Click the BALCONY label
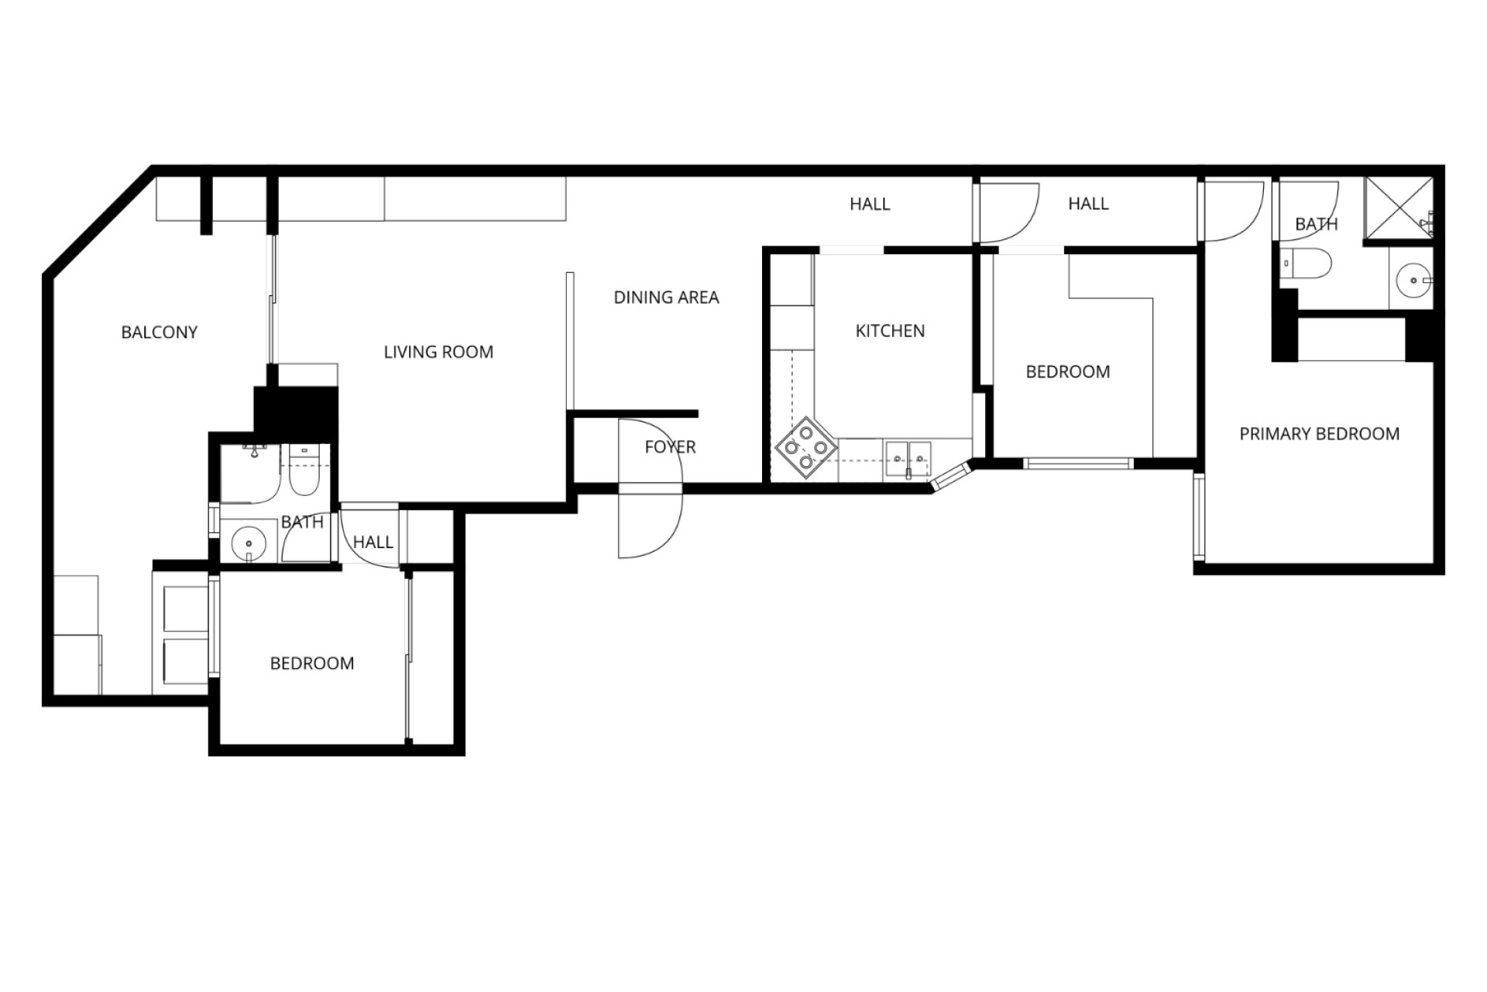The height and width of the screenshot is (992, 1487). (160, 332)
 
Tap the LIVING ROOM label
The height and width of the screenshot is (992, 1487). (438, 352)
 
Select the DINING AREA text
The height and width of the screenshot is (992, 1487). (666, 298)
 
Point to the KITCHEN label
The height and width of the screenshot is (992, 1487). (890, 331)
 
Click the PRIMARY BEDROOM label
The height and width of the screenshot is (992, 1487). (1320, 434)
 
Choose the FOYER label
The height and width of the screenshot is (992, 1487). (670, 447)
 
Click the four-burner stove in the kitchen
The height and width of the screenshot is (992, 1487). (806, 447)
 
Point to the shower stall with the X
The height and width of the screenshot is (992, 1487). (1398, 208)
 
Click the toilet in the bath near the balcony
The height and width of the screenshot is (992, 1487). (304, 471)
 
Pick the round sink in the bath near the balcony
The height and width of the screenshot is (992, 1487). (249, 542)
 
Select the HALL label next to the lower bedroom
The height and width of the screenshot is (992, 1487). (373, 542)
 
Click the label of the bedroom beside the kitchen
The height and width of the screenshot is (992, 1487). (1068, 372)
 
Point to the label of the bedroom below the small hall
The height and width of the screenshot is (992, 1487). (312, 663)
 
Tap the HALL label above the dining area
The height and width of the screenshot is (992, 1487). (870, 205)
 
